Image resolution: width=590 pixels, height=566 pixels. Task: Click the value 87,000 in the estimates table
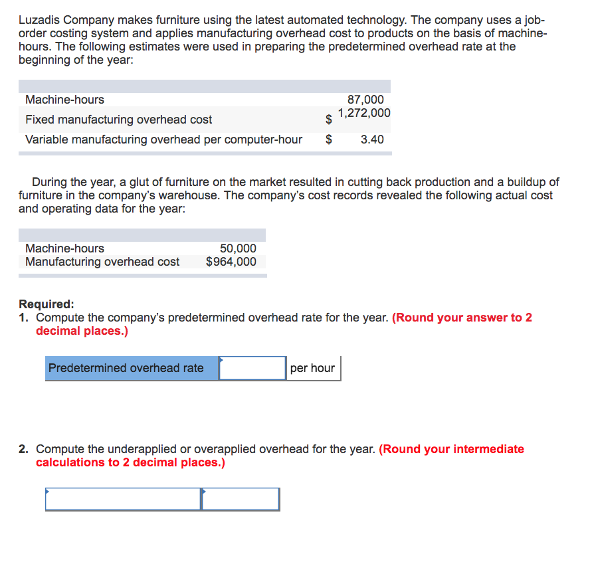click(x=365, y=100)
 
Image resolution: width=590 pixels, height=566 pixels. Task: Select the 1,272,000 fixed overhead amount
click(x=364, y=113)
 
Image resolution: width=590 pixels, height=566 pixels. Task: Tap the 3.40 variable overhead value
click(x=372, y=140)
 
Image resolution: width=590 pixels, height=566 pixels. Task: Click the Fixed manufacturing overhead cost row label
click(x=118, y=120)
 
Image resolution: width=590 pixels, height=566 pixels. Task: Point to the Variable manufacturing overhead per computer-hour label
click(x=163, y=140)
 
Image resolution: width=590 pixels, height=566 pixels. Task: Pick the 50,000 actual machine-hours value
click(x=238, y=248)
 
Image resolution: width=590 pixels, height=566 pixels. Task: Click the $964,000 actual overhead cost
click(x=231, y=262)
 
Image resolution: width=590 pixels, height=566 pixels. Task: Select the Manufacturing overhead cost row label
click(x=102, y=262)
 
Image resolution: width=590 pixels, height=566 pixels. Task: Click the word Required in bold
click(x=45, y=304)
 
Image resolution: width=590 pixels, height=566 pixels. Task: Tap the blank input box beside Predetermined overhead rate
click(x=252, y=368)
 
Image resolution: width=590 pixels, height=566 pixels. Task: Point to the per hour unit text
click(x=313, y=368)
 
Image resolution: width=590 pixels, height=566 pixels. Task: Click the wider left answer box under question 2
click(x=123, y=500)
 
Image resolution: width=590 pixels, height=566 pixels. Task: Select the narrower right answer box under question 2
click(x=241, y=500)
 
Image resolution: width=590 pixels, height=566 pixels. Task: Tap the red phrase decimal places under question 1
click(x=81, y=331)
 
